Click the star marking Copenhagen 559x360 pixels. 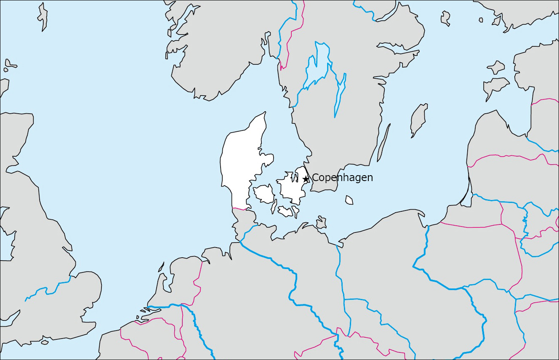[x=306, y=179]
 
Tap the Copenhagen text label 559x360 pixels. [x=342, y=178]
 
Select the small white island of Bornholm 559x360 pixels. [x=349, y=200]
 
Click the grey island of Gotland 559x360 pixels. [x=419, y=120]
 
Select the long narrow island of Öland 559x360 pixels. [x=383, y=143]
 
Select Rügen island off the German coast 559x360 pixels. [x=321, y=222]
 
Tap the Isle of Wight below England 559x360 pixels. [x=44, y=342]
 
